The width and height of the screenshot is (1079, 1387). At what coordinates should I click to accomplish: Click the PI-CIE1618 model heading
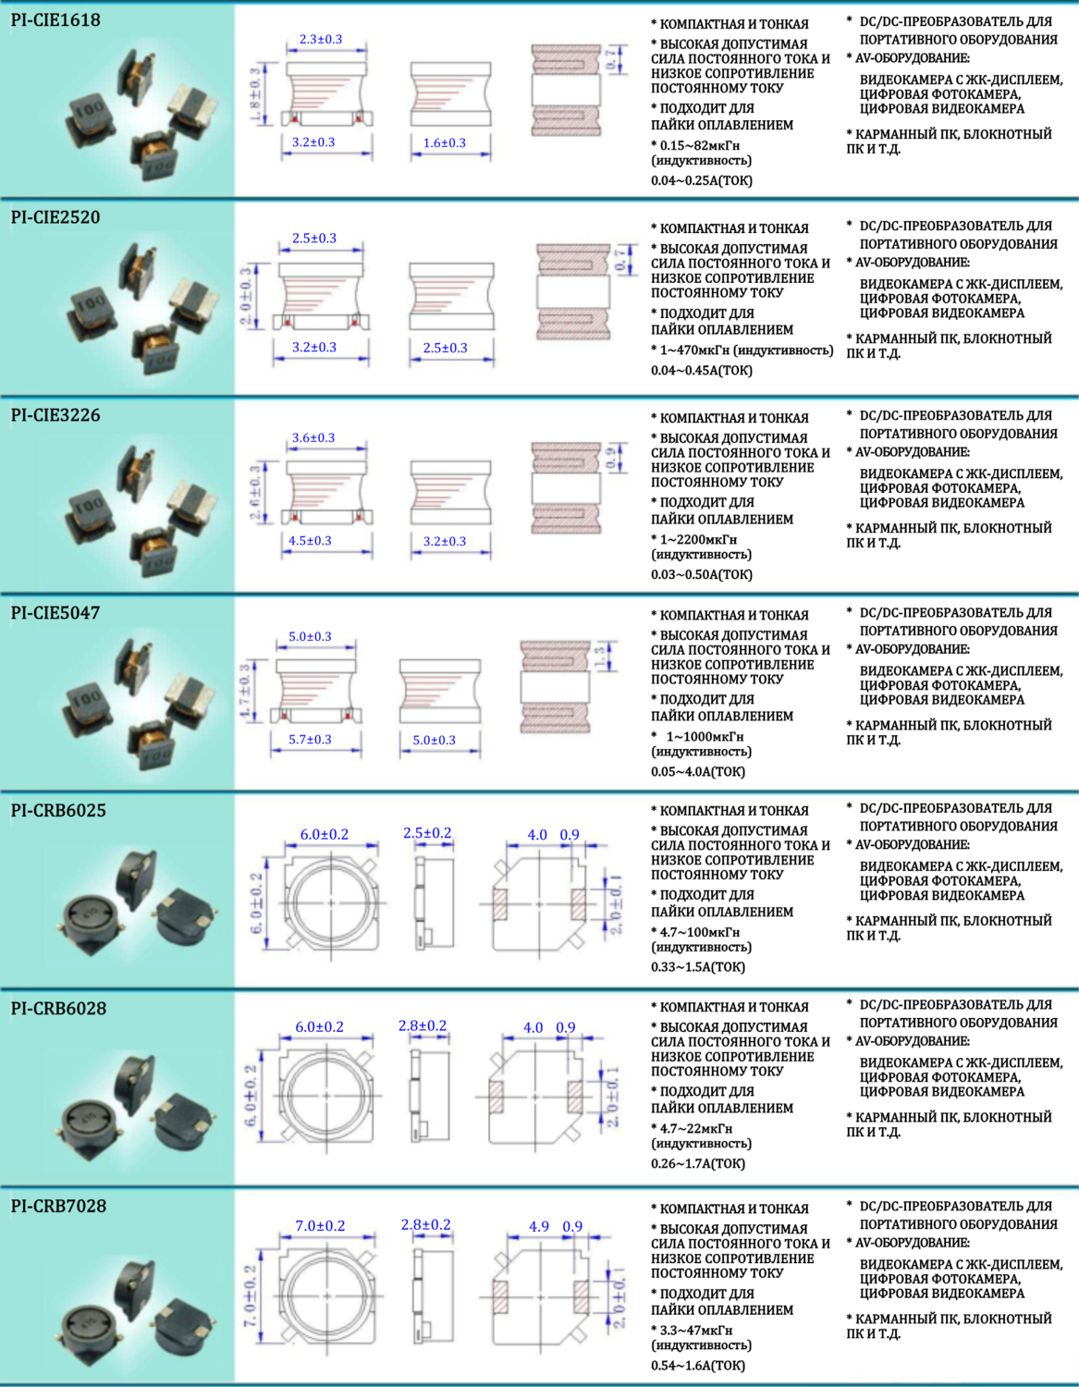coord(55,19)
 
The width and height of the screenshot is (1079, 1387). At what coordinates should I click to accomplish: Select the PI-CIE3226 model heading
coord(55,415)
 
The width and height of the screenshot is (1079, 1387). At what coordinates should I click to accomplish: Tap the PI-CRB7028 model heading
coord(58,1206)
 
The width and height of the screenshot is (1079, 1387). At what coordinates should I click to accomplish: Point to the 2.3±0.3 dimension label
coord(321,40)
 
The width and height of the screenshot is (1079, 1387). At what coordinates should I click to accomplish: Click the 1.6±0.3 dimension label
coord(445,143)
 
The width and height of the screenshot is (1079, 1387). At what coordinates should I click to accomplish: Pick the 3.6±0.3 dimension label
coord(313,438)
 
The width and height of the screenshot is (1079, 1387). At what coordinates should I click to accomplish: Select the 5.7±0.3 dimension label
coord(310,740)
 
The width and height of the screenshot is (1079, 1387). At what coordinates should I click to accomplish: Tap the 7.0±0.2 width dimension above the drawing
coord(320,1226)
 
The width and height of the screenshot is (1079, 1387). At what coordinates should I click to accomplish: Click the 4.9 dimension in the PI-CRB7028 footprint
coord(539,1227)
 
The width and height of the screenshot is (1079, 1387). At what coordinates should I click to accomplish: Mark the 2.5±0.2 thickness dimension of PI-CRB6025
coord(427,833)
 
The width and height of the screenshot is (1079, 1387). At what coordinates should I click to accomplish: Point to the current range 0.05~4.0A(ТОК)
coord(698,772)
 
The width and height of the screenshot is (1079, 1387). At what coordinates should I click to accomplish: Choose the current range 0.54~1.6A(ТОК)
coord(698,1366)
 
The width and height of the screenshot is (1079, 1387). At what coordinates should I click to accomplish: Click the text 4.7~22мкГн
coord(696,1128)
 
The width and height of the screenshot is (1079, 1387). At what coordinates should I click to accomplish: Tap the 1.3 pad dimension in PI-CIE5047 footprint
coord(600,657)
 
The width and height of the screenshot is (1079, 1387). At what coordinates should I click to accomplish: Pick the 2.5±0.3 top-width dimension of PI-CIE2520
coord(314,239)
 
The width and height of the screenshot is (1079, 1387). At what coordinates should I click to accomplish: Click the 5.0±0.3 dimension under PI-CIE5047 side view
coord(434,741)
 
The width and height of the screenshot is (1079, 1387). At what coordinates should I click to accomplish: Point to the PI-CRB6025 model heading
coord(58,811)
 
